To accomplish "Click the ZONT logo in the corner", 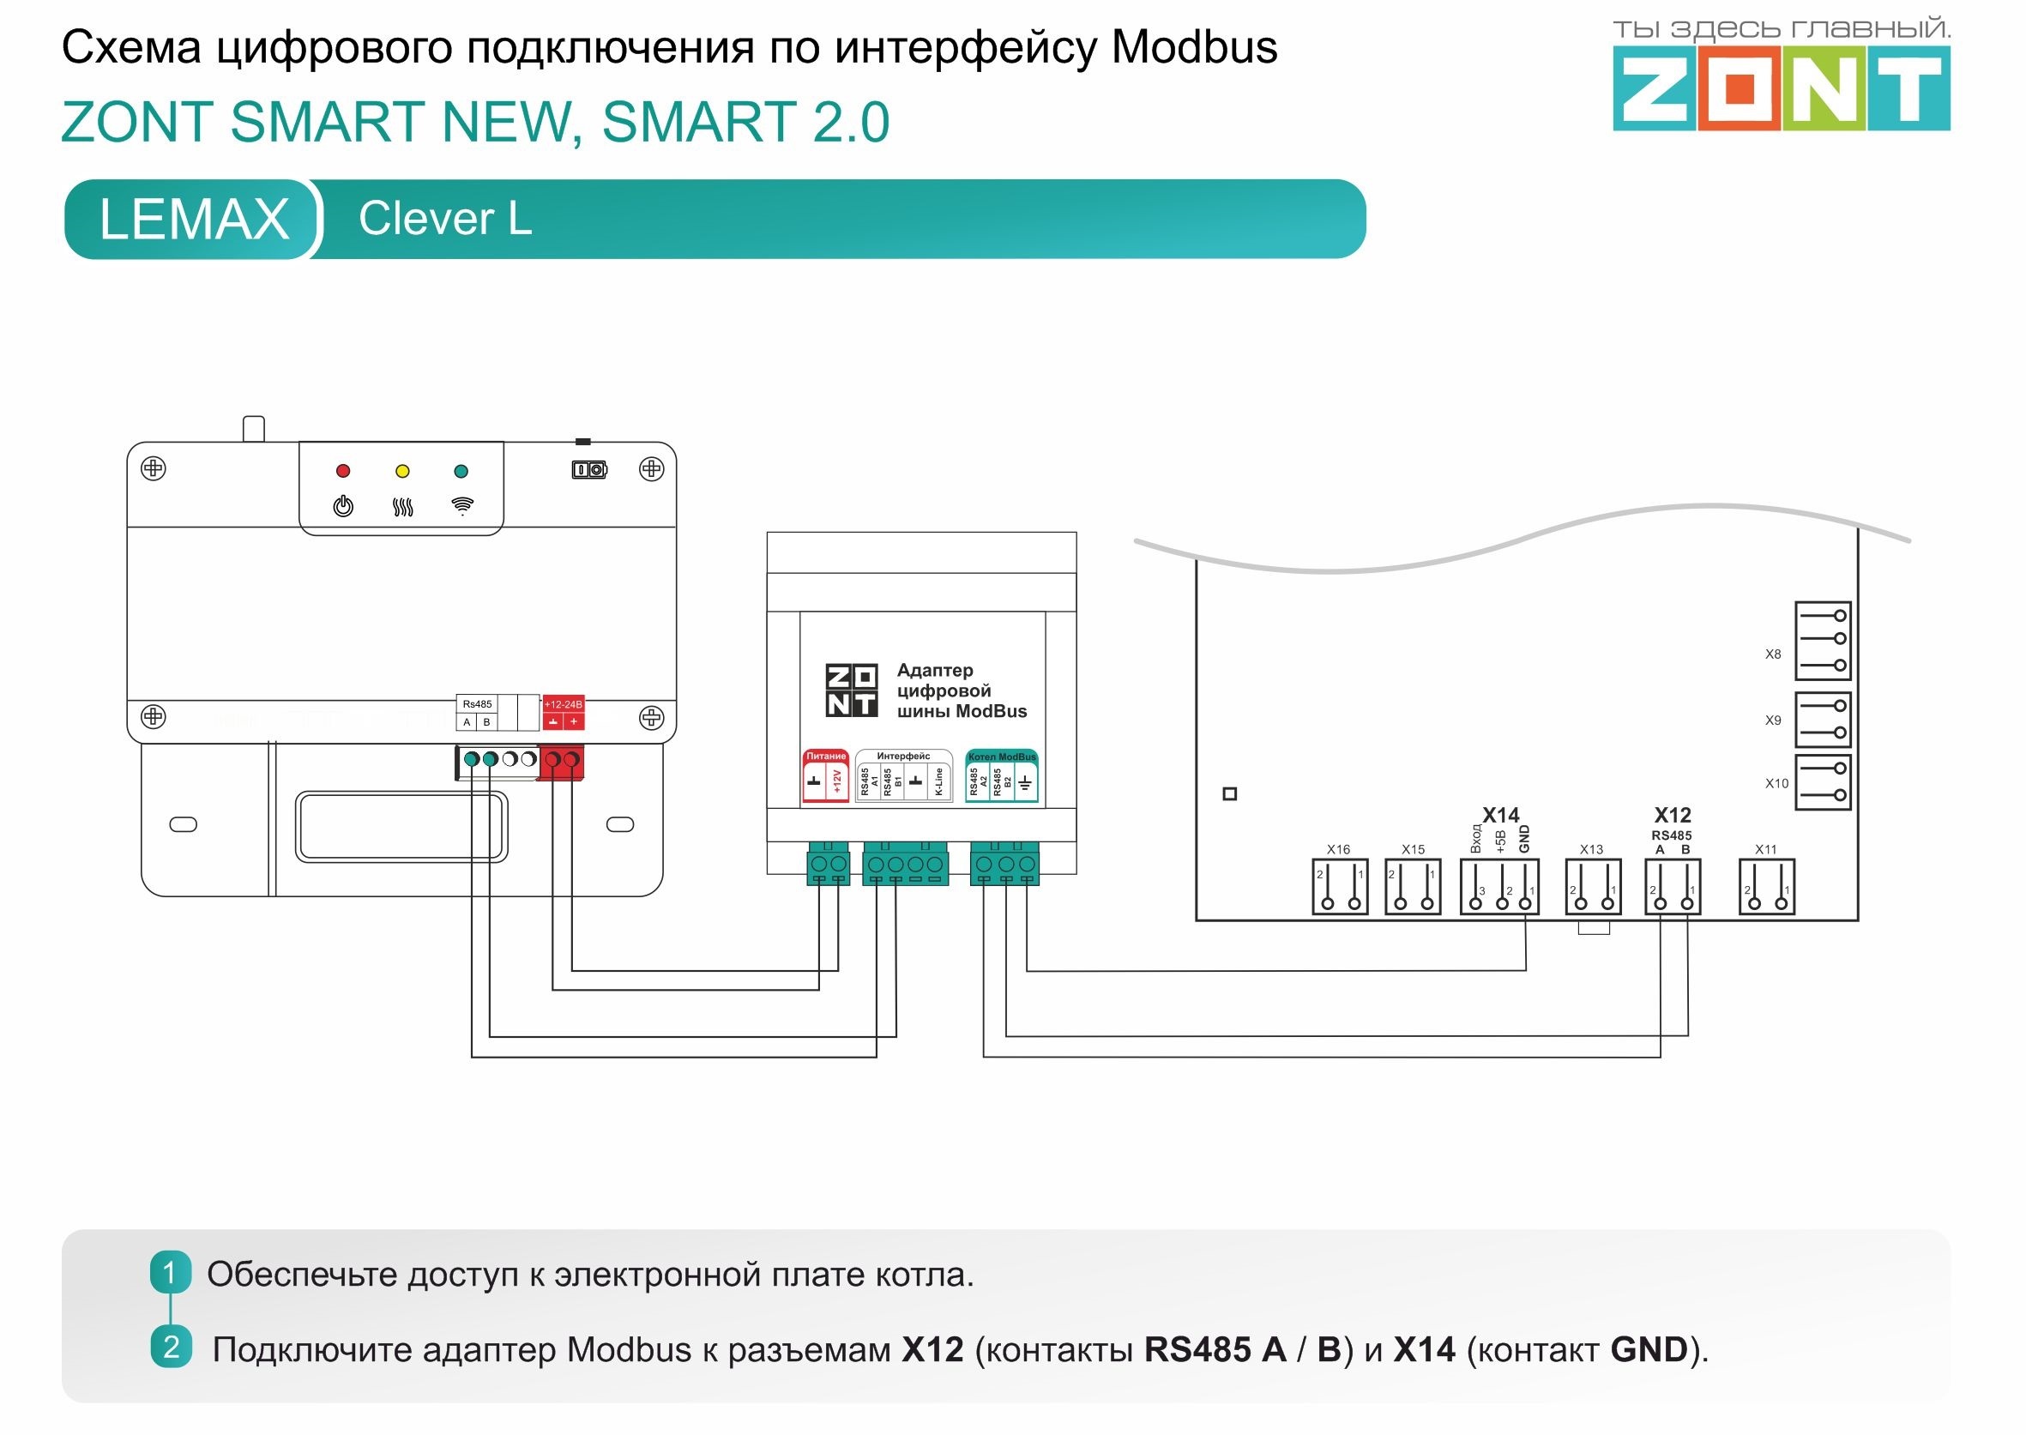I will [x=1781, y=87].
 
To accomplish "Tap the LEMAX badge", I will [x=194, y=219].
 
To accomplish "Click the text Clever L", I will [x=445, y=218].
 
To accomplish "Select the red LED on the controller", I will [x=343, y=471].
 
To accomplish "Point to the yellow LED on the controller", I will [x=402, y=471].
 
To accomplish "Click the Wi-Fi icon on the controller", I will [x=462, y=505].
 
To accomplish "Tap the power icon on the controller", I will [x=343, y=506].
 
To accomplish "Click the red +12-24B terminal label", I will [x=563, y=704].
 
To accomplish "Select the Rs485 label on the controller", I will [x=477, y=704].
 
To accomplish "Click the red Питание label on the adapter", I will [x=825, y=757].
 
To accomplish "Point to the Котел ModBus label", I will [x=1001, y=757].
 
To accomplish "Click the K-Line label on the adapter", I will [x=938, y=782].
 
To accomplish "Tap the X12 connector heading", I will [x=1672, y=815].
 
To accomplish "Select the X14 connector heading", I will [x=1500, y=815].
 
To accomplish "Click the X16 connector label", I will [x=1338, y=849].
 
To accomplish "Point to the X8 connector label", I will [x=1772, y=654].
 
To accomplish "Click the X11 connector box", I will [x=1766, y=888].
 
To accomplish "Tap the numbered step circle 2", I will [x=171, y=1348].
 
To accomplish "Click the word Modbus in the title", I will [x=1194, y=48].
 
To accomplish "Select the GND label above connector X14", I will [x=1524, y=839].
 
